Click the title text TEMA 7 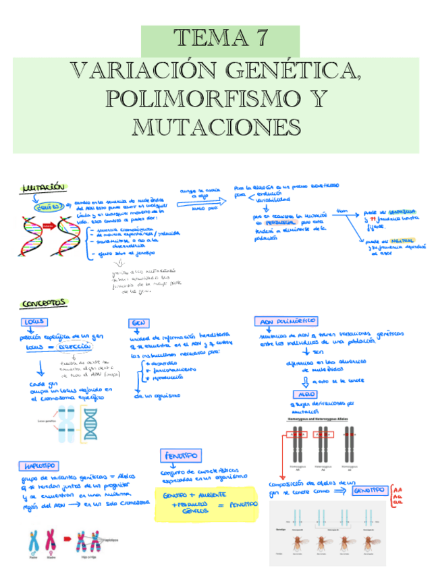[220, 38]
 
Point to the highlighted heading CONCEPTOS [43, 304]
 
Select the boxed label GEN [139, 322]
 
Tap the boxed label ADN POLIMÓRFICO [286, 322]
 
